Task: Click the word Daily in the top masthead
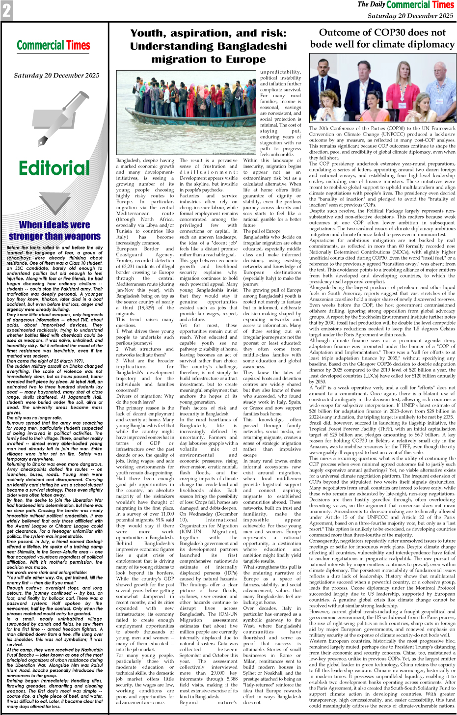pos(377,5)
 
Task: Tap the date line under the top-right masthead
pos(411,16)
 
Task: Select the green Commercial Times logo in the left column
pos(54,46)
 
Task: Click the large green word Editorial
pos(54,168)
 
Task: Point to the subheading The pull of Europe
pos(267,231)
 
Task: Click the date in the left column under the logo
pos(56,76)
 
